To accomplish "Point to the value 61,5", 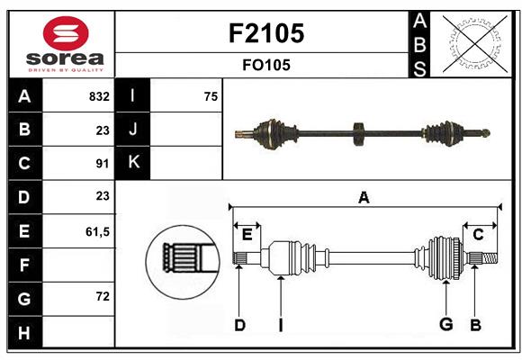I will (x=97, y=231).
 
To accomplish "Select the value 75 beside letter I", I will (x=211, y=96).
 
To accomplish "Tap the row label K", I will (x=133, y=163).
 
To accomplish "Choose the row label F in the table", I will (x=24, y=265).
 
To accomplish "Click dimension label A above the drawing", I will (x=364, y=198).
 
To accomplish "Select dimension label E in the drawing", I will (x=247, y=235).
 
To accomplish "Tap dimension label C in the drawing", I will (x=479, y=235).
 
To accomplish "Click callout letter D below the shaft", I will (x=239, y=325).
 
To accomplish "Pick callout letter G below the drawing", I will (x=445, y=325).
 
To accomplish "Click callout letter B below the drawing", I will (x=476, y=325).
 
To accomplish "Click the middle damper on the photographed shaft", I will (x=358, y=133).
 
